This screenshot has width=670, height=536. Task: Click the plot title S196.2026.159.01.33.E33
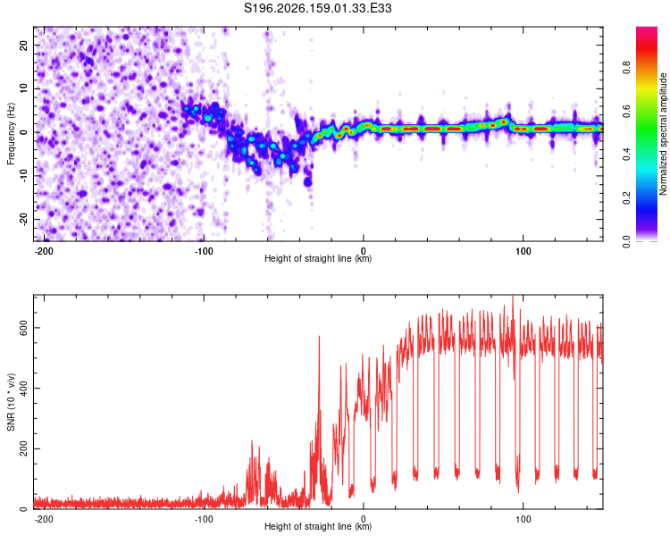[x=317, y=8]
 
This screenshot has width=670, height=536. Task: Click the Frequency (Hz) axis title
[x=11, y=134]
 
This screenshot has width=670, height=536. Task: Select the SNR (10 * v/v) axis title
[x=11, y=402]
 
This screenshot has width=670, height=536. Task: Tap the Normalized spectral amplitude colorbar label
[x=663, y=134]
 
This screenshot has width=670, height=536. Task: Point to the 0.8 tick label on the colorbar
[x=626, y=67]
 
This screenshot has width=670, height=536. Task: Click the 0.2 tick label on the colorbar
[x=626, y=198]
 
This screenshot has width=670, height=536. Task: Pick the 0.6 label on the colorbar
[x=626, y=111]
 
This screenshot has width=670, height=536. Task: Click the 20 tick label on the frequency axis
[x=23, y=45]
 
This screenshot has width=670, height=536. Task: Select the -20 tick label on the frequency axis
[x=23, y=219]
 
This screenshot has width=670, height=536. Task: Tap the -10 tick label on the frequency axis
[x=23, y=175]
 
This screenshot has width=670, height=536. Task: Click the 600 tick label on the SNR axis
[x=23, y=328]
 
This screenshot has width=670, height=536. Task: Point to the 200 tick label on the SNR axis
[x=23, y=448]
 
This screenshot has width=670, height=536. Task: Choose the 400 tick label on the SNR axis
[x=23, y=388]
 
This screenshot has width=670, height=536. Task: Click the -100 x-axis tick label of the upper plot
[x=204, y=251]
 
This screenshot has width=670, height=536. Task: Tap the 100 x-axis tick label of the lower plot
[x=523, y=519]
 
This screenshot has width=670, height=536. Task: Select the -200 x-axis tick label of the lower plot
[x=44, y=519]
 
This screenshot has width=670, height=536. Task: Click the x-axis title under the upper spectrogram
[x=318, y=258]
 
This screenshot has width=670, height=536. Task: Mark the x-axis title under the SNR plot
[x=318, y=526]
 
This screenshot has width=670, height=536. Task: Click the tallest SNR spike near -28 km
[x=319, y=337]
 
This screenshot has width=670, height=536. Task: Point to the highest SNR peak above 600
[x=513, y=297]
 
